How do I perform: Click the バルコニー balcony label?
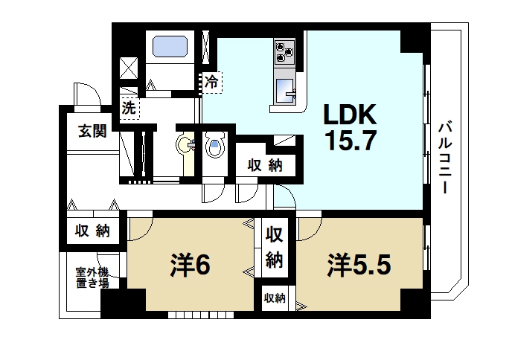[x=444, y=156]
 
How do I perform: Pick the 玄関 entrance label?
[x=92, y=132]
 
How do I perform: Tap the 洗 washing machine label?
[x=129, y=107]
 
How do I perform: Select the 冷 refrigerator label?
[x=212, y=82]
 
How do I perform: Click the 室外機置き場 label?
[x=92, y=278]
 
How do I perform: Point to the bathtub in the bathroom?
[x=172, y=48]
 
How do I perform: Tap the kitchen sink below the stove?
[x=285, y=89]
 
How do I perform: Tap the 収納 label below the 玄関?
[x=92, y=231]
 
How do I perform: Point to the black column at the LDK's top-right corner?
[x=414, y=40]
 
